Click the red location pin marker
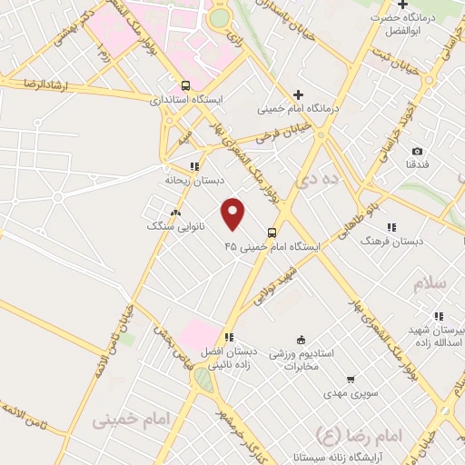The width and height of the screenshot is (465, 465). (233, 213)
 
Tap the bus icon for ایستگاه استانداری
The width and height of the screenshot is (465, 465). (186, 86)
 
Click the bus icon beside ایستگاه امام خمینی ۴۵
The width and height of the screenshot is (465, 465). (271, 232)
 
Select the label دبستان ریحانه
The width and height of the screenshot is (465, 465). (193, 180)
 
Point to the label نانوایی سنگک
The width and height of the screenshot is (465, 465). (175, 225)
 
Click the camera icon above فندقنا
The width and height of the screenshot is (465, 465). (417, 151)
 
